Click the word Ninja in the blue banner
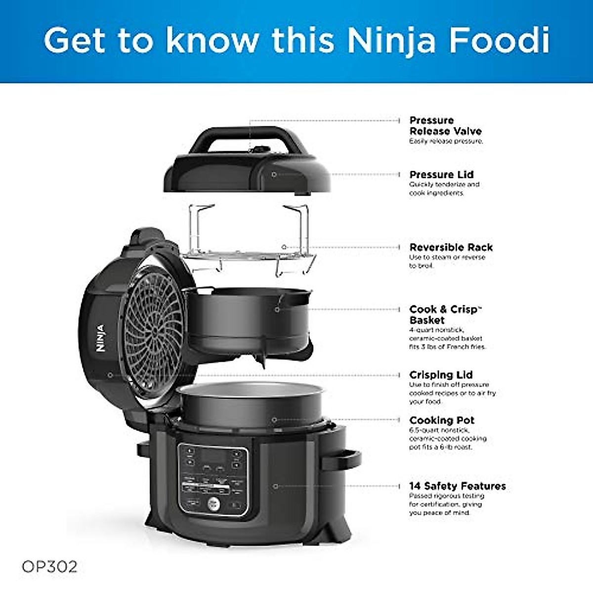pos(391,41)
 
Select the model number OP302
pos(49,566)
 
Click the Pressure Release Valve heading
pos(445,126)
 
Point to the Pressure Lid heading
pos(441,174)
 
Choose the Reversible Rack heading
pos(451,247)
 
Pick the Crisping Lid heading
pos(441,375)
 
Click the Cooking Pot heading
pos(442,420)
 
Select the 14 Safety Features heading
pos(457,486)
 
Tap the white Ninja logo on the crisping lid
pos(101,338)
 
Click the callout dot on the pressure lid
pos(274,174)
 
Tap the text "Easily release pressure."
pos(446,141)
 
